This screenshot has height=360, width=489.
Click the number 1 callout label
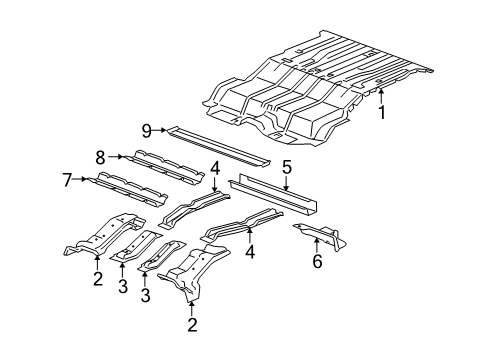tap(381, 113)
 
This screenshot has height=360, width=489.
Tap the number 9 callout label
tap(145, 130)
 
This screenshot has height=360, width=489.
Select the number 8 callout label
tap(100, 156)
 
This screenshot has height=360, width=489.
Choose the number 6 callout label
tap(317, 262)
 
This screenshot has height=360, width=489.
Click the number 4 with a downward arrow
tap(214, 167)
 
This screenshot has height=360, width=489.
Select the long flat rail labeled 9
tap(220, 146)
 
